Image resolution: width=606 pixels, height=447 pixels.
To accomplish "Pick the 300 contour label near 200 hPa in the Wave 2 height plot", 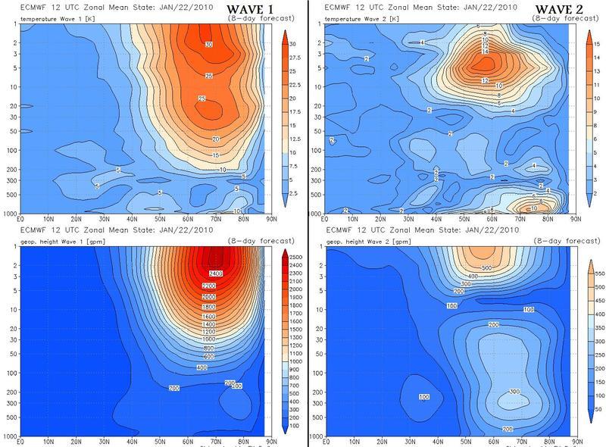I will click(514, 392).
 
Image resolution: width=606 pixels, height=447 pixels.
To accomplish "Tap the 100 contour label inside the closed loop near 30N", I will click(424, 397).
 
